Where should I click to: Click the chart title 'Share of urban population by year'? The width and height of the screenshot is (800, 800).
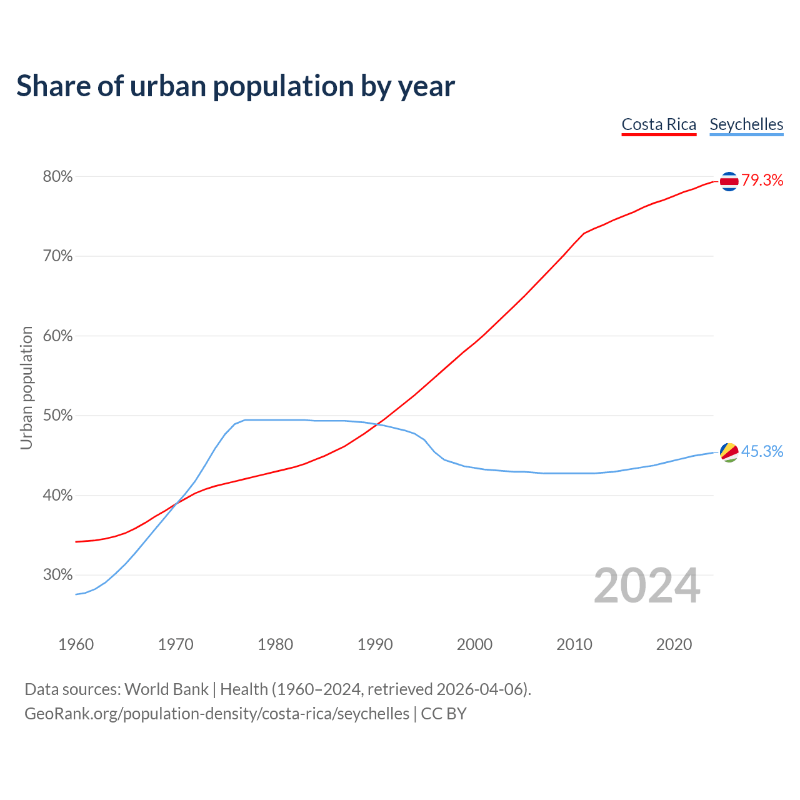click(236, 86)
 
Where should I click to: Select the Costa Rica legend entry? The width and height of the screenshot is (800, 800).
click(659, 124)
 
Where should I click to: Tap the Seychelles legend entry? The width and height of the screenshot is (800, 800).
click(746, 124)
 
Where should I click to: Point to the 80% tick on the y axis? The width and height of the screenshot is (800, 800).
click(57, 177)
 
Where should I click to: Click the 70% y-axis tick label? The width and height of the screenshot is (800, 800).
click(57, 256)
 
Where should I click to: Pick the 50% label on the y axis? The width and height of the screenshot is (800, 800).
click(57, 416)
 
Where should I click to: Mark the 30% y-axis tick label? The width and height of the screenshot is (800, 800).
click(57, 575)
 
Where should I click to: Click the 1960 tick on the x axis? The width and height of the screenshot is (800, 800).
click(76, 644)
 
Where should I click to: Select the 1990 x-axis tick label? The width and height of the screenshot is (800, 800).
click(375, 644)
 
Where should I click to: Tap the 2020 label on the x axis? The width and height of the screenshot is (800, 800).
click(674, 644)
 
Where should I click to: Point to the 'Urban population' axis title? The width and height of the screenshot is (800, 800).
click(26, 387)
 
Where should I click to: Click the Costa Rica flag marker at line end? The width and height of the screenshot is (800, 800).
click(729, 181)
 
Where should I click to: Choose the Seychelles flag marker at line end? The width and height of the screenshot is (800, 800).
click(729, 452)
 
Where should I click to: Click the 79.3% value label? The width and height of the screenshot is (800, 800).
click(762, 181)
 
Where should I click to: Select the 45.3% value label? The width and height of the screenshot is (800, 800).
click(762, 452)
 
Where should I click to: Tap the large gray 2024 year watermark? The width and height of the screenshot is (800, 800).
click(647, 586)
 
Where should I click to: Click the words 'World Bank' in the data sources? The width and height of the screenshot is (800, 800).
click(166, 689)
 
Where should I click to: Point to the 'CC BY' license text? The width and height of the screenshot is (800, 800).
click(444, 714)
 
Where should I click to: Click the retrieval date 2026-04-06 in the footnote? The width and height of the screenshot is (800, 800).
click(482, 689)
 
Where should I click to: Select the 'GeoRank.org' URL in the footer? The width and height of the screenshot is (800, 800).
click(71, 714)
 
